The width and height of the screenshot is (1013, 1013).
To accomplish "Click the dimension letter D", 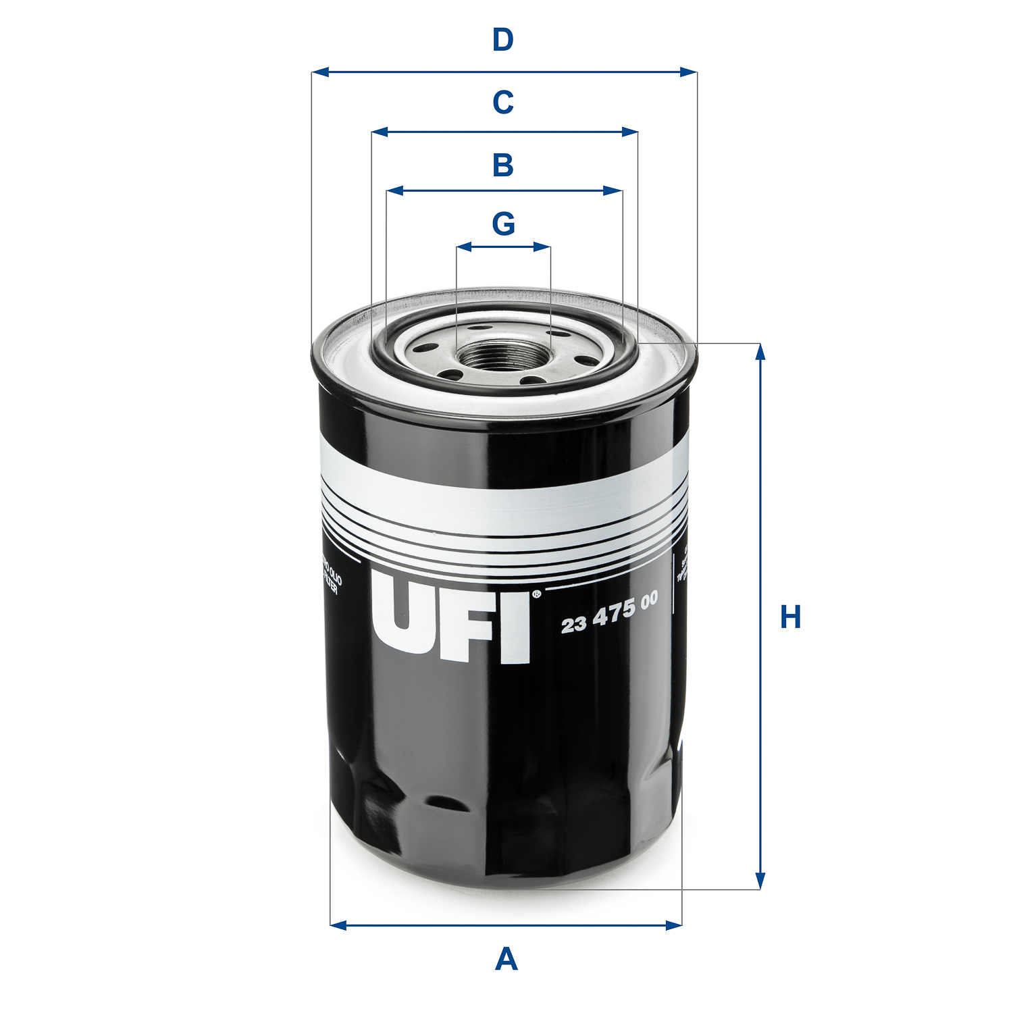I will (x=503, y=41).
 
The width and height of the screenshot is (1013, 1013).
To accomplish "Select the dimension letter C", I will (x=503, y=103).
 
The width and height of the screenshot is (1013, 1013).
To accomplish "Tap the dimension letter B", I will (x=503, y=165).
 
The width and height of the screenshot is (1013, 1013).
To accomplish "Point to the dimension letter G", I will (x=504, y=224).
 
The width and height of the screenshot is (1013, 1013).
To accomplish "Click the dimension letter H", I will (x=790, y=617).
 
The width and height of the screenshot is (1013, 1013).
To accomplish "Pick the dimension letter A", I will (x=506, y=959).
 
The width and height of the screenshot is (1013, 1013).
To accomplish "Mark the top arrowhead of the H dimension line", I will (x=760, y=353).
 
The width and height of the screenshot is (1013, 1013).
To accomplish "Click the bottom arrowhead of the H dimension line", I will (x=760, y=881).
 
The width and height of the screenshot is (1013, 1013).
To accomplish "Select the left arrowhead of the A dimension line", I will (x=338, y=925).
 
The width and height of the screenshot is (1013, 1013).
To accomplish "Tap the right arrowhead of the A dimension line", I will (x=674, y=925).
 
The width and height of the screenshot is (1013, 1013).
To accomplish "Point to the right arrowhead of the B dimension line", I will (x=614, y=191).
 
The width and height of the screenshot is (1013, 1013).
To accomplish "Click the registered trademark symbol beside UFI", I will (x=536, y=594).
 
